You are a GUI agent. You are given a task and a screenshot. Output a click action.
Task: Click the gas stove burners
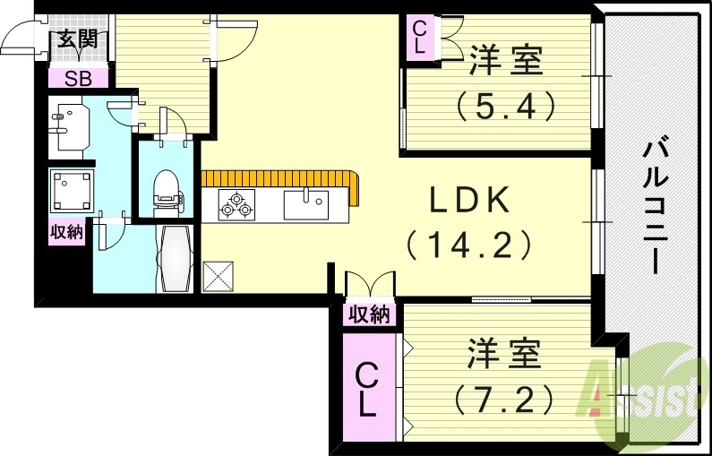coord(236,205)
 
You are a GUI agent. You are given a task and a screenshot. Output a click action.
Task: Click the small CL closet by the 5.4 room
coord(419,37)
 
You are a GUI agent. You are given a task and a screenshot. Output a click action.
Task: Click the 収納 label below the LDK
coord(369,314)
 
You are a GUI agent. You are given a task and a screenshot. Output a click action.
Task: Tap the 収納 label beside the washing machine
coord(65,232)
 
